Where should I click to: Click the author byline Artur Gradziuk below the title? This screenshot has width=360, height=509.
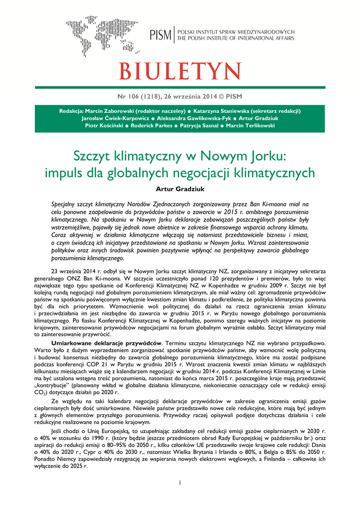[180, 188]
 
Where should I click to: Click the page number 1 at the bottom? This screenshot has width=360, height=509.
[180, 482]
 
